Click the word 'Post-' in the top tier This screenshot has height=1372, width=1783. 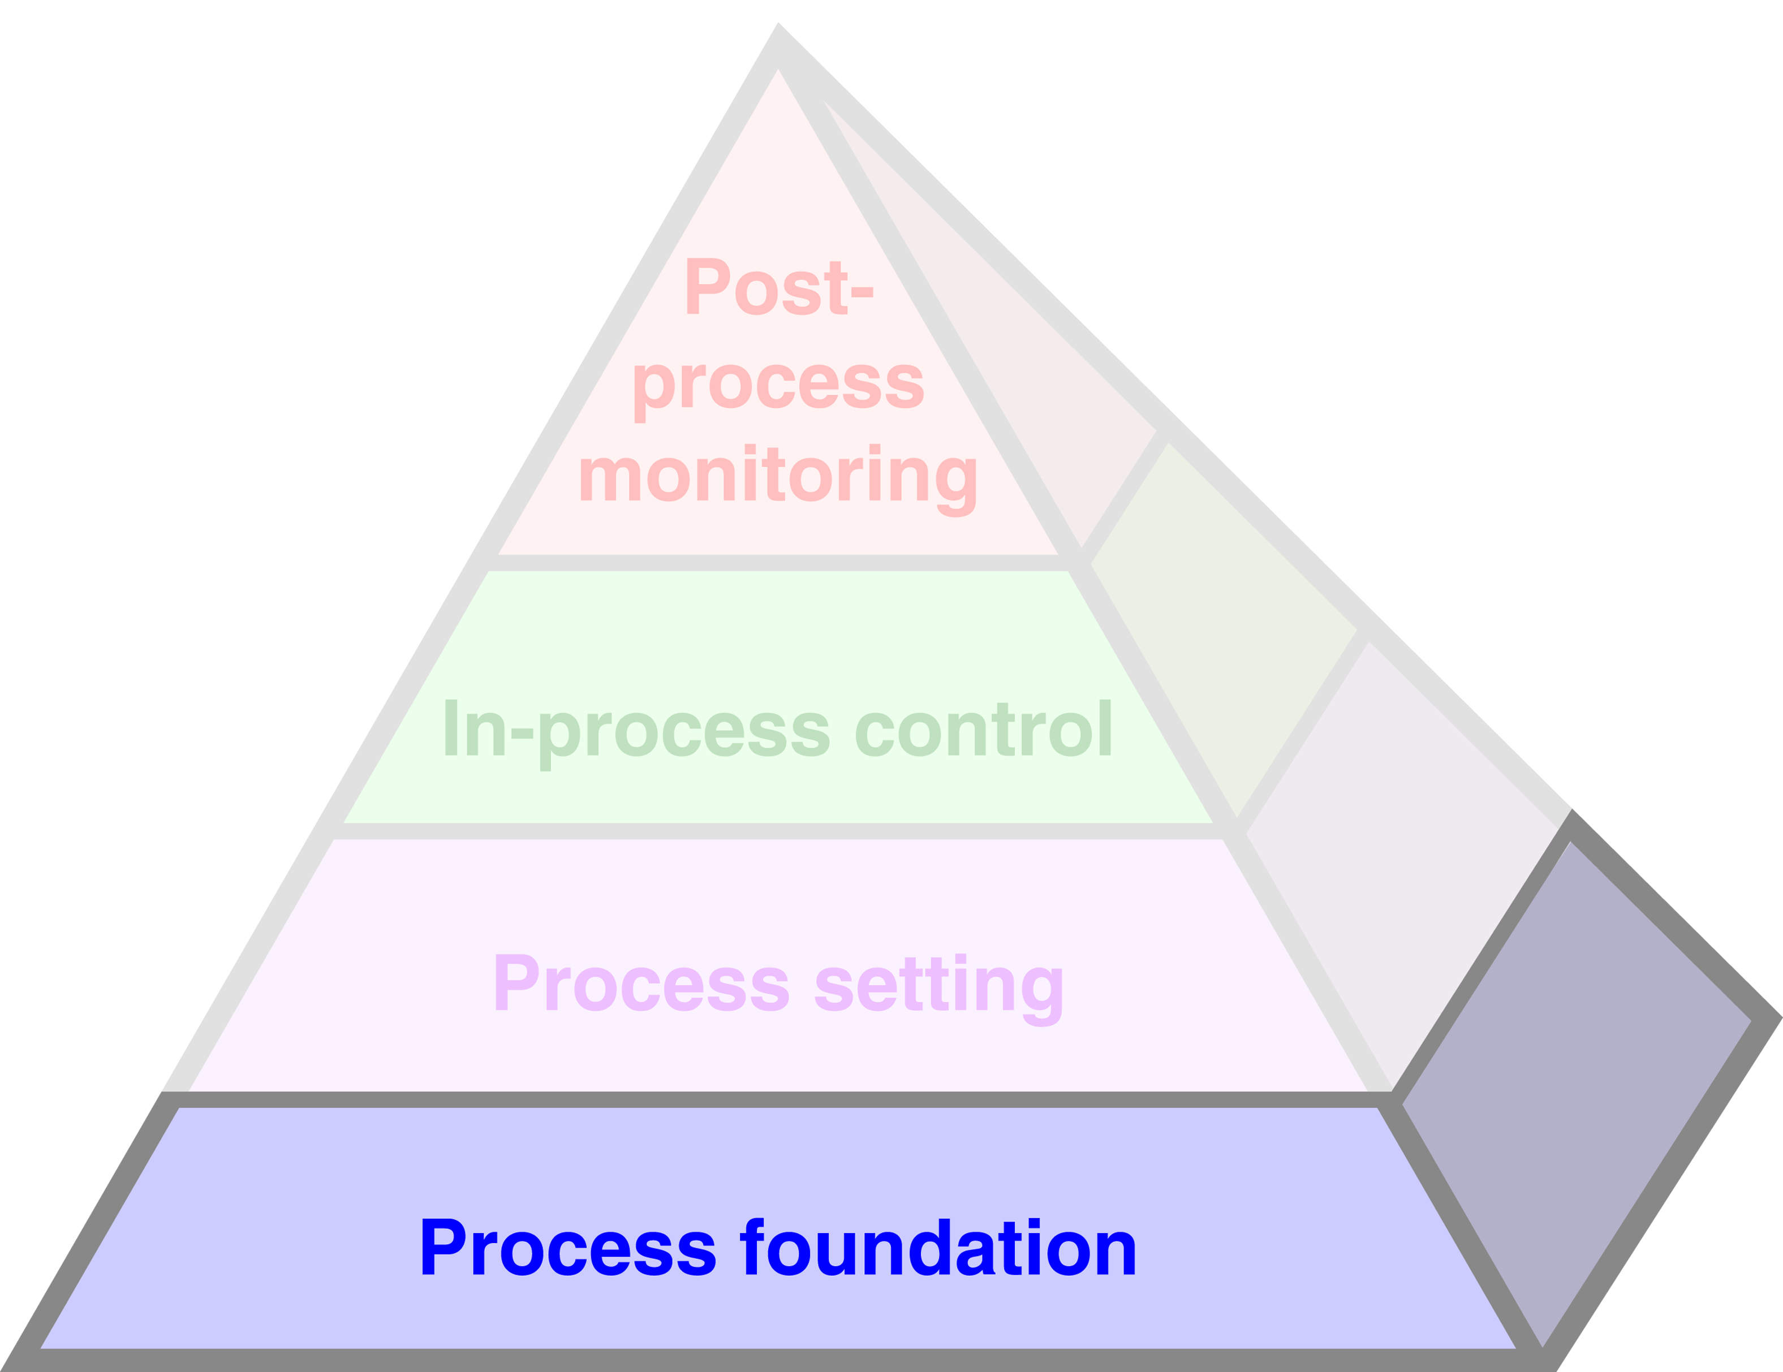point(779,287)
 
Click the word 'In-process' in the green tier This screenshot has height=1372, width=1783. point(636,729)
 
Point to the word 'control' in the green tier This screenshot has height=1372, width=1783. point(983,729)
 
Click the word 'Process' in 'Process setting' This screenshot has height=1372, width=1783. point(641,983)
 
